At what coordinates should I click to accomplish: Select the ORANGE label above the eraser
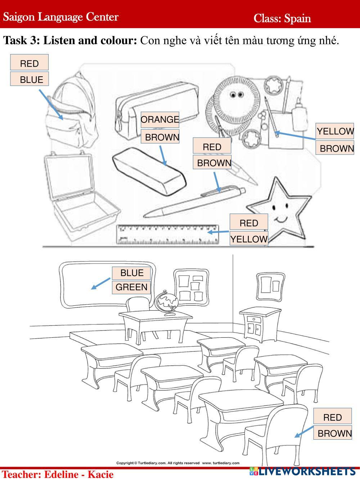tap(160, 120)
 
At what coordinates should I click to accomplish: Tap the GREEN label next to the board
tap(131, 287)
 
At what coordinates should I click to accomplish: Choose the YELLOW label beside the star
tap(249, 239)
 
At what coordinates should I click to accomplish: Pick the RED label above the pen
tap(212, 147)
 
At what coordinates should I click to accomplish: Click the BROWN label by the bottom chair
tap(334, 433)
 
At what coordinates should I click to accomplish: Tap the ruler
tap(168, 234)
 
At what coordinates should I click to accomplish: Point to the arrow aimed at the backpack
tap(51, 104)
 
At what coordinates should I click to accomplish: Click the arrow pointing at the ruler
tap(218, 232)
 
